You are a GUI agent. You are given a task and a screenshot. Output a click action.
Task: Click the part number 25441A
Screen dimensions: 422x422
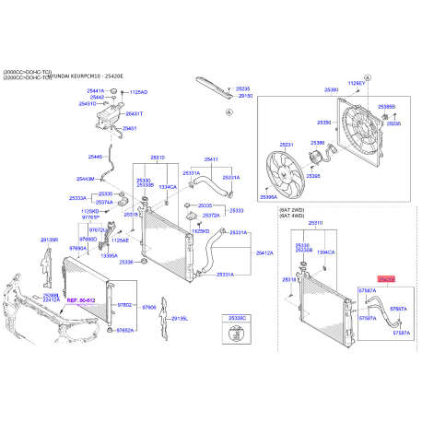(x=96, y=91)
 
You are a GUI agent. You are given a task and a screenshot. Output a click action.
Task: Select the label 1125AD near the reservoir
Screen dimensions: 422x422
(x=138, y=93)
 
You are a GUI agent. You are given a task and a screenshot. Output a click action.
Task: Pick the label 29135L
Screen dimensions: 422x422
(x=178, y=319)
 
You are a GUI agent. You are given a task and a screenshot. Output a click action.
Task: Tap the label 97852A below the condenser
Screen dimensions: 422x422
(x=124, y=330)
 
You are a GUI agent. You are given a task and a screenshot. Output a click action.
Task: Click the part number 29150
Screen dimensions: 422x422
(x=246, y=96)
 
